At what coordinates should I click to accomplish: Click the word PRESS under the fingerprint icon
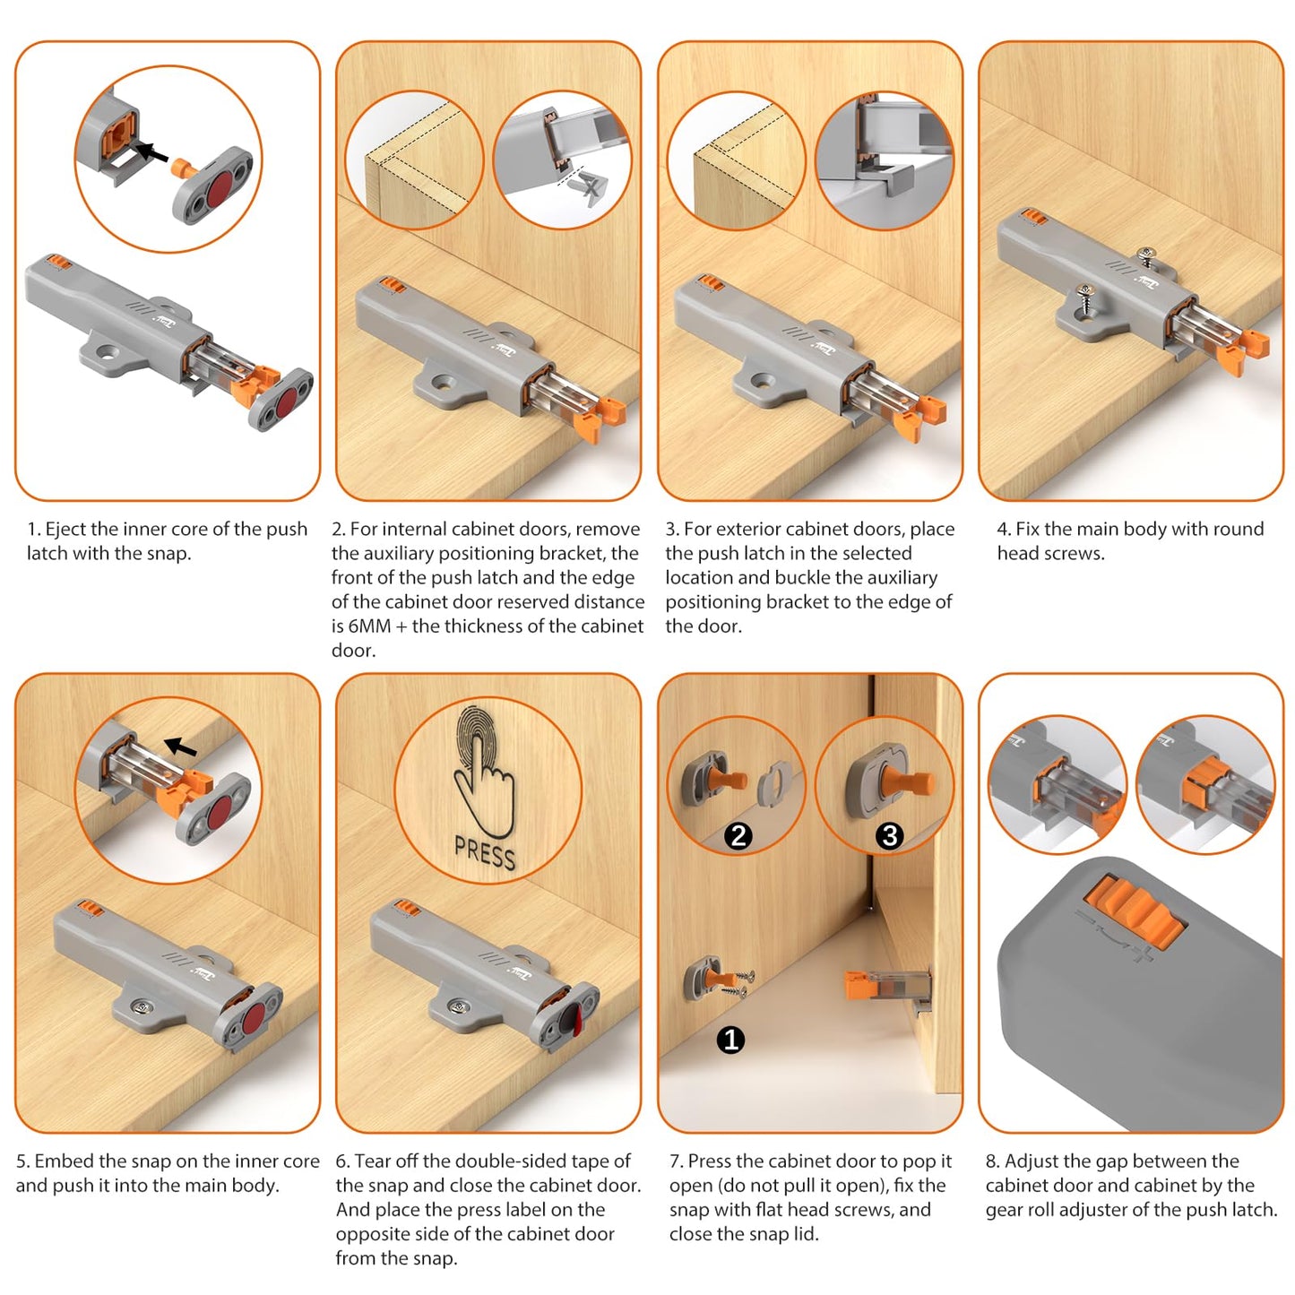tap(485, 853)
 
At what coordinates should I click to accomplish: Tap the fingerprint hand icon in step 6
tap(484, 771)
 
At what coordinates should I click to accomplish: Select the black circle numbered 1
tap(730, 1040)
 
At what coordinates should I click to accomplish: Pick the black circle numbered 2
tap(738, 836)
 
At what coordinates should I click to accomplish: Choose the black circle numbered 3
tap(889, 836)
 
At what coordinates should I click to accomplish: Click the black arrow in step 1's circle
tap(150, 152)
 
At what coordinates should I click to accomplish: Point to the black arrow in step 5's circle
tap(183, 747)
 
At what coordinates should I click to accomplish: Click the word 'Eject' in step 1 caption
tap(65, 530)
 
